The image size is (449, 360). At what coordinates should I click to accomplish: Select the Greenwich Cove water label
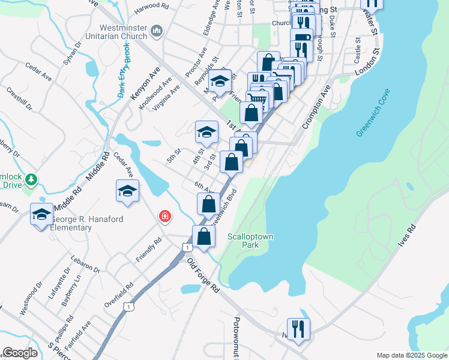pyautogui.click(x=373, y=112)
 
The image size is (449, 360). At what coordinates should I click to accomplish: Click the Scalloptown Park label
pyautogui.click(x=250, y=240)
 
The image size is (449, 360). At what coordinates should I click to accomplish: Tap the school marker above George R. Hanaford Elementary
pyautogui.click(x=41, y=214)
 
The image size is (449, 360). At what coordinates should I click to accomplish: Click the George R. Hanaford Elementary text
pyautogui.click(x=87, y=223)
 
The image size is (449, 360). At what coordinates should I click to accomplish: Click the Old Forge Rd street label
pyautogui.click(x=203, y=276)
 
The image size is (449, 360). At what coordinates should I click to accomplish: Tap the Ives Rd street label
pyautogui.click(x=410, y=237)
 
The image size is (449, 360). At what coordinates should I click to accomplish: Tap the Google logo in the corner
pyautogui.click(x=20, y=353)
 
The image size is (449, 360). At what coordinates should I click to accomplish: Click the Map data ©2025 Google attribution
pyautogui.click(x=411, y=355)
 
